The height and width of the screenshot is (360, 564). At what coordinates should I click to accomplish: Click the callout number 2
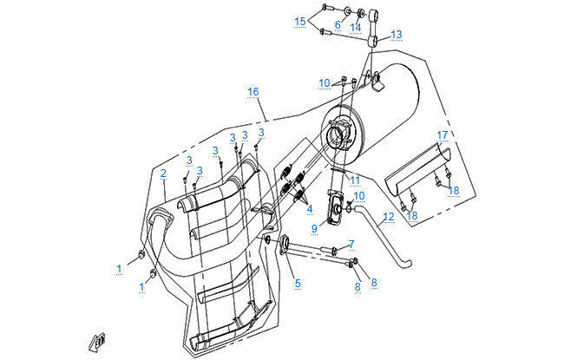point(163,173)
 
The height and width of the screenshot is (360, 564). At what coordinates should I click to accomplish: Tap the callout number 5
point(297,283)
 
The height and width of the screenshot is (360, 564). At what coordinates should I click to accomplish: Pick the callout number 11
point(355,180)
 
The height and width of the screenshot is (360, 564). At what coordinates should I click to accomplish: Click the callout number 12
point(390,216)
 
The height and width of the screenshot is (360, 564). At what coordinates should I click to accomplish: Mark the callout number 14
point(356,27)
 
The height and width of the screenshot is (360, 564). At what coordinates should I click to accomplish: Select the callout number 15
point(300,21)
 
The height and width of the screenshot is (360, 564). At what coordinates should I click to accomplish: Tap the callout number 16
point(252,92)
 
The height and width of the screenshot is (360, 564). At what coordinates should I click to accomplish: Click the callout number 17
point(443,135)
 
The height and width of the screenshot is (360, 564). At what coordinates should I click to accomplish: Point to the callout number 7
point(351,244)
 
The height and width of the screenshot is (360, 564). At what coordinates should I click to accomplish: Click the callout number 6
point(338,25)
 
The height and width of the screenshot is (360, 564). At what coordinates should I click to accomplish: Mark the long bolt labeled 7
point(312,253)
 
